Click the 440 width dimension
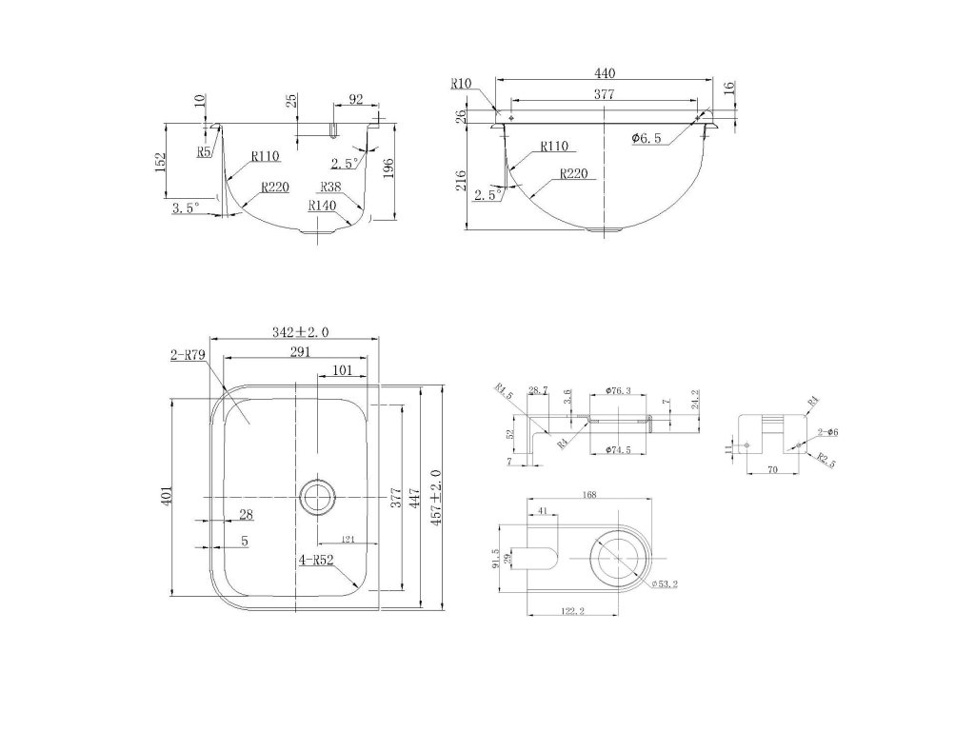click(603, 72)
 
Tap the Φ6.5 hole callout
click(647, 139)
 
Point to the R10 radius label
click(461, 84)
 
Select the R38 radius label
click(331, 187)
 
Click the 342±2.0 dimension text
click(300, 331)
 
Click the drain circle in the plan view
click(317, 496)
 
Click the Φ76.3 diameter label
click(620, 390)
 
